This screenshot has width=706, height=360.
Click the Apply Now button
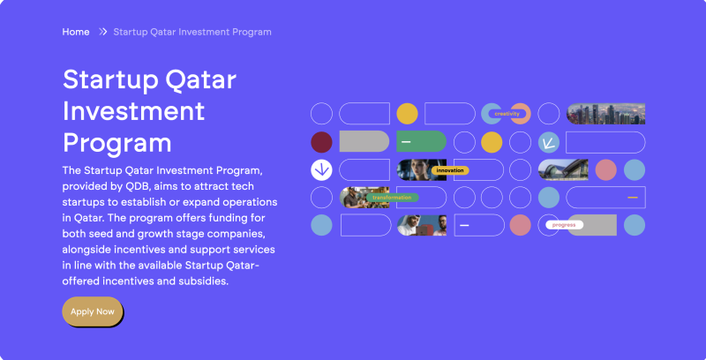point(93,311)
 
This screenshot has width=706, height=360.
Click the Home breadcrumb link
point(76,32)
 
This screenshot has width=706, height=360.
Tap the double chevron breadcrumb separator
point(103,32)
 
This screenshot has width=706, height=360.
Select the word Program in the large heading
point(116,142)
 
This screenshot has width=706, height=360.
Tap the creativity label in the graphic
point(507,114)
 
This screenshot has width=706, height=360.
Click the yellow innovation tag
point(450,170)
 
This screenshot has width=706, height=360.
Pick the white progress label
point(563,225)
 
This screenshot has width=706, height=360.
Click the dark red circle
point(322,141)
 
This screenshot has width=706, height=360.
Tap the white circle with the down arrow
point(322,169)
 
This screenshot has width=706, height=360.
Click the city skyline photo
point(605,113)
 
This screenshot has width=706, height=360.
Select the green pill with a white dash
point(421,141)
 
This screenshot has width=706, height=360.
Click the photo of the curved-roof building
point(563,169)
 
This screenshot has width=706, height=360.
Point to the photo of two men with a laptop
point(421,225)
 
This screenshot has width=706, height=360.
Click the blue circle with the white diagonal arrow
point(549,141)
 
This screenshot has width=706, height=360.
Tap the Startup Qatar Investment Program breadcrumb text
point(192,32)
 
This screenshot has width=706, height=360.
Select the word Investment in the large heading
point(133,111)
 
